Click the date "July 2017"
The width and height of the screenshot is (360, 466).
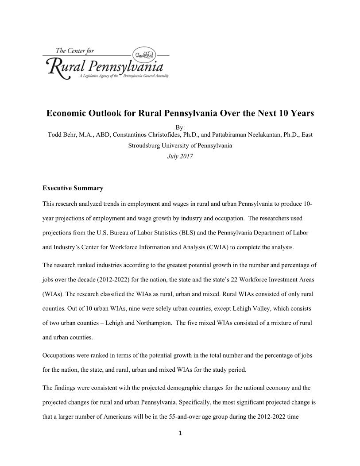coord(180,156)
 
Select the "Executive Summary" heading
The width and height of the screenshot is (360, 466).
coord(73,189)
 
